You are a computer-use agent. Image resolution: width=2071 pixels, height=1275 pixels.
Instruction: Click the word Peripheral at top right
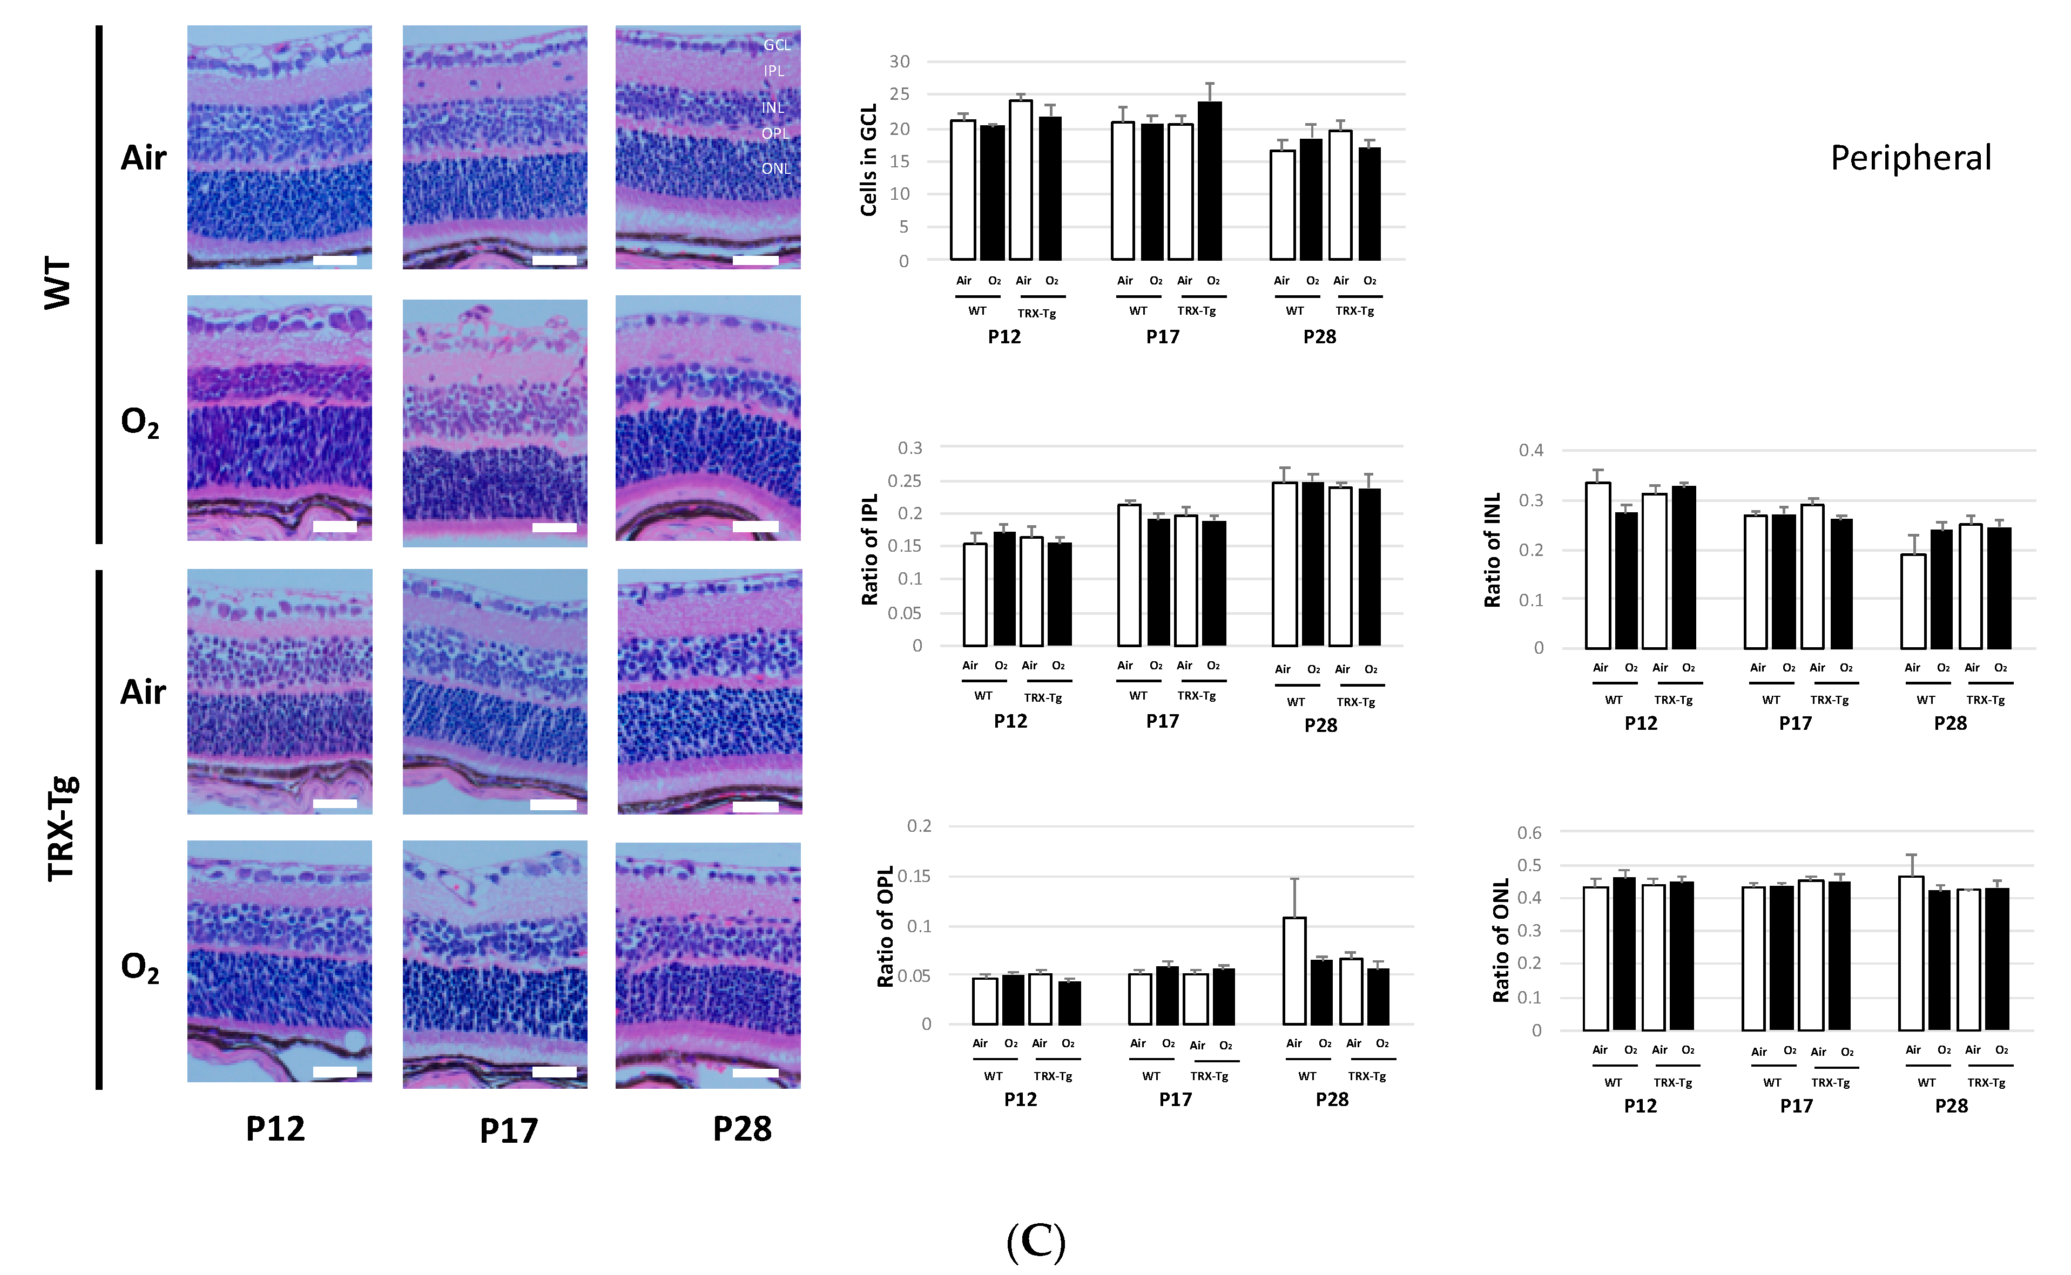tap(1911, 159)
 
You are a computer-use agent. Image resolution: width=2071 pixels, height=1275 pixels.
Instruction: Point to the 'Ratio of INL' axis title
tap(1492, 550)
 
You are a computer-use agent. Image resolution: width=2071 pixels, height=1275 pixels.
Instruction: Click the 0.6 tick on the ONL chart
tap(1529, 833)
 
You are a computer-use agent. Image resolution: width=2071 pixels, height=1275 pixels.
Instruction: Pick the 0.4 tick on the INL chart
tap(1531, 450)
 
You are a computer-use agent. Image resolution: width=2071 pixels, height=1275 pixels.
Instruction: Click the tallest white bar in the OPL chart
tap(1294, 969)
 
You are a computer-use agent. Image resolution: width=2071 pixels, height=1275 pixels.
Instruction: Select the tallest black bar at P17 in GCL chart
tap(1210, 180)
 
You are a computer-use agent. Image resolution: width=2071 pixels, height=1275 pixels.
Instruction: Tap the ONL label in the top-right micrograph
tap(776, 168)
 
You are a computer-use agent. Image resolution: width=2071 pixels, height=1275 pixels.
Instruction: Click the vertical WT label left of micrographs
tap(57, 283)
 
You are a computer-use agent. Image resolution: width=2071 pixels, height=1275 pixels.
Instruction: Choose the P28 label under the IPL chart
tap(1320, 725)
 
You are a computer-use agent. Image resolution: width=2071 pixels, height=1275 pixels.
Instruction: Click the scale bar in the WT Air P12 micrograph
tap(335, 261)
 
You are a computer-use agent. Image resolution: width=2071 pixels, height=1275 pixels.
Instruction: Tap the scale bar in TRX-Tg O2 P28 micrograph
tap(755, 1073)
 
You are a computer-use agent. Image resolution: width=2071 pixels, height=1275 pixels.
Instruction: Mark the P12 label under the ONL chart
tap(1640, 1106)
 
